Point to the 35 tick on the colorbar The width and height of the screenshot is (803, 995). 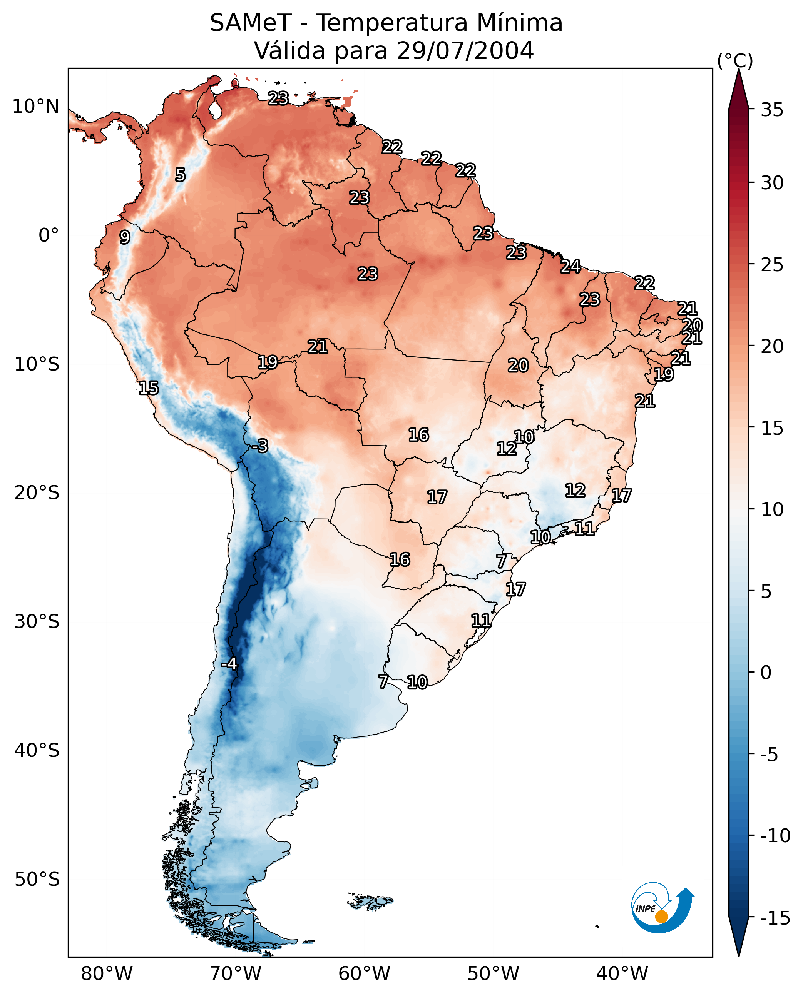tap(772, 110)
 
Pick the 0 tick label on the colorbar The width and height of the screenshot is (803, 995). tap(766, 673)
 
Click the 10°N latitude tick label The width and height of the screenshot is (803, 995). tap(36, 107)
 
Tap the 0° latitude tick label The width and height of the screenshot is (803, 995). tap(49, 235)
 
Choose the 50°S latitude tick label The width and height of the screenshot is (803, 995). tap(37, 879)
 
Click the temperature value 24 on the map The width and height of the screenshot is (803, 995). tap(570, 266)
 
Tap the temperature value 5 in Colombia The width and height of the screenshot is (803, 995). tap(181, 175)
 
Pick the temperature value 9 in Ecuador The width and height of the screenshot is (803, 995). tap(125, 237)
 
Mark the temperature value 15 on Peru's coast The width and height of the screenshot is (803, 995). tap(149, 388)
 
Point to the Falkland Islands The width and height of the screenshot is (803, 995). tap(370, 901)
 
